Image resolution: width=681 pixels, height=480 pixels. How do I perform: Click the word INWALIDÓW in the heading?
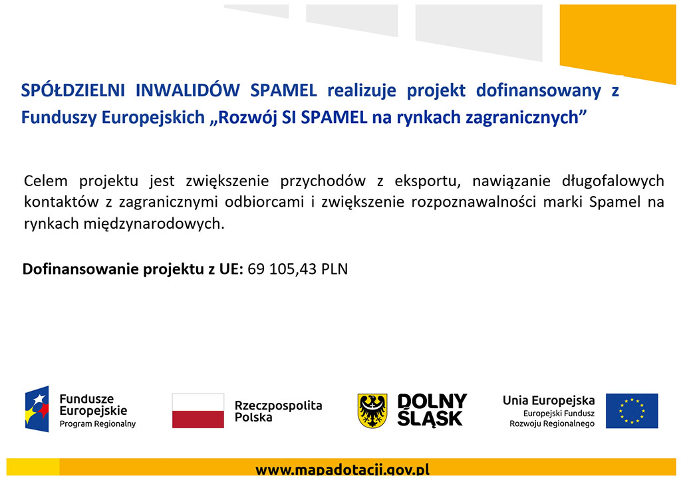[x=188, y=90]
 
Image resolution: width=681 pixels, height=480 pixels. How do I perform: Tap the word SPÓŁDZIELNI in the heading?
[x=73, y=90]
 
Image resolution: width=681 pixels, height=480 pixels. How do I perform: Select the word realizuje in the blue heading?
[x=362, y=91]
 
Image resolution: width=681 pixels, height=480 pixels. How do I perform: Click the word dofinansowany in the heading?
[x=539, y=91]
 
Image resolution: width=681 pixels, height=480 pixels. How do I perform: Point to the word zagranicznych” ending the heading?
[x=526, y=118]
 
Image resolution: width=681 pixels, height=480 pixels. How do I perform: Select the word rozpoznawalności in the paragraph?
[x=474, y=202]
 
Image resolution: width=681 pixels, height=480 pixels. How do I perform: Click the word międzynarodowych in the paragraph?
[x=154, y=224]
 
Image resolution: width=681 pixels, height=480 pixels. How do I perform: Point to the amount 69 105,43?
[x=282, y=269]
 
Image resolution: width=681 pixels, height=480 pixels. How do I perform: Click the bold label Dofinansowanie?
[x=80, y=269]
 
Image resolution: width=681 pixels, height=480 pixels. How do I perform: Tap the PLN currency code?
[x=335, y=269]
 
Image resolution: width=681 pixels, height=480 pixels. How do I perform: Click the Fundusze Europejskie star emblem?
[x=37, y=409]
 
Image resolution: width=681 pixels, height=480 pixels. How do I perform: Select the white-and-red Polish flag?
[x=198, y=411]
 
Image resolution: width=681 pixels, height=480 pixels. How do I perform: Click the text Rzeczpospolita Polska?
[x=279, y=411]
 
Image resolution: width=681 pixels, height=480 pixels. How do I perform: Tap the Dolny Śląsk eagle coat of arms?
[x=372, y=411]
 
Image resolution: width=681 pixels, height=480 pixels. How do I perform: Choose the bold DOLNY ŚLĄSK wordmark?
[x=432, y=410]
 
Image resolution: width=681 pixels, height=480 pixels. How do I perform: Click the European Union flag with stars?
[x=632, y=411]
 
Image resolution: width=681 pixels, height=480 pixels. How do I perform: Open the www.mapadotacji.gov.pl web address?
[x=342, y=471]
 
